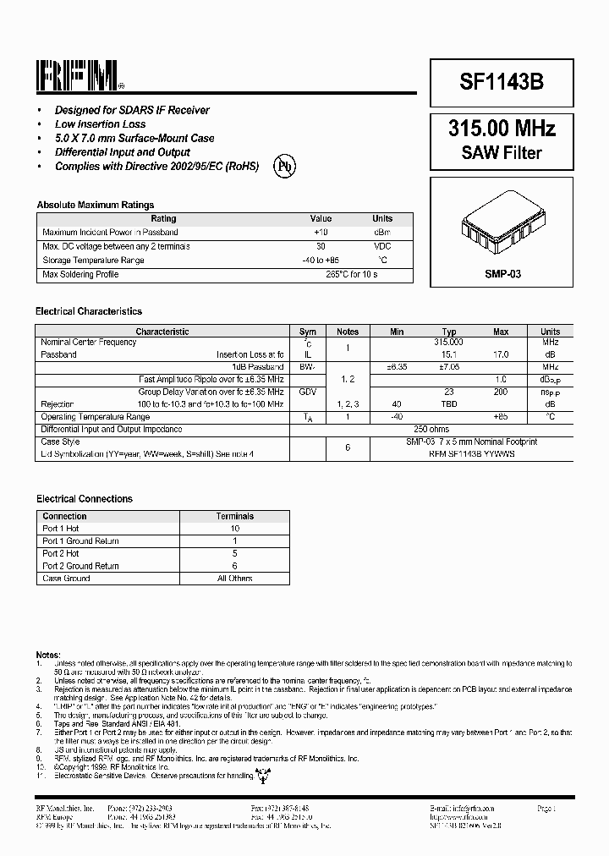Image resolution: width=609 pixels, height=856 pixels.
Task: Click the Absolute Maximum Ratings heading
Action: [x=95, y=205]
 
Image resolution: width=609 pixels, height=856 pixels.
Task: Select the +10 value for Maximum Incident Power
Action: [x=321, y=232]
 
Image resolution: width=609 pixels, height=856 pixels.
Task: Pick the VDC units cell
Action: [x=382, y=246]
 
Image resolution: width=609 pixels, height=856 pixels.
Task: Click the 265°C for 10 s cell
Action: [x=351, y=275]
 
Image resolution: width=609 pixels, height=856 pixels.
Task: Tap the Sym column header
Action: [x=308, y=332]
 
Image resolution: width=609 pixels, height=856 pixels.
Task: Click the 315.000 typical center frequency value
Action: [x=448, y=343]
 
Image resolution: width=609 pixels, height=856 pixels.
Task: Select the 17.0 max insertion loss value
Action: [x=500, y=354]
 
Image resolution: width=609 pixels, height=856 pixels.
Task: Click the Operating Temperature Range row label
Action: [x=96, y=417]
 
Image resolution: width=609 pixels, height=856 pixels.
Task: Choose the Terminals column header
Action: [x=234, y=516]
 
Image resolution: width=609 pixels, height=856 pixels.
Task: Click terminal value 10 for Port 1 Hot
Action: [x=234, y=529]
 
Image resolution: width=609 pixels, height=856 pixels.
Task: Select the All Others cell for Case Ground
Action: [x=234, y=579]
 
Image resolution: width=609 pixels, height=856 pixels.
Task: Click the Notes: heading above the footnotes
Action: [x=48, y=655]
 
